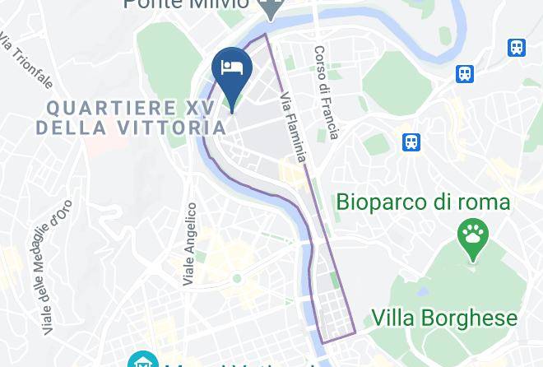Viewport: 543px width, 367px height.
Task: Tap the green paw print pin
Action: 472,238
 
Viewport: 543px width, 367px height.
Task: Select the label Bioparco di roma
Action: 423,202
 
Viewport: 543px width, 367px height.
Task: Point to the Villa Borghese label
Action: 444,318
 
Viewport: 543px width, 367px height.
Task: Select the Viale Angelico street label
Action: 190,244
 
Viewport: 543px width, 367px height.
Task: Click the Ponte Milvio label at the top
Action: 187,5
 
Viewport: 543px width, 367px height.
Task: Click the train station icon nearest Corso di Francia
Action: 412,142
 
